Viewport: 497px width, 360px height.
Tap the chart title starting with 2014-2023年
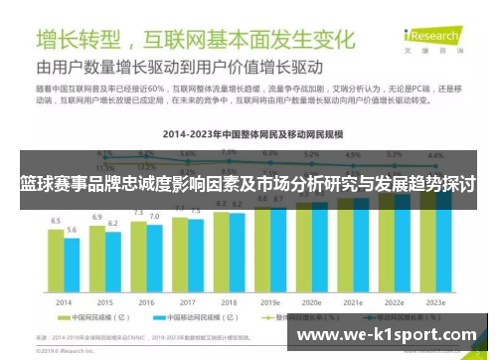248,131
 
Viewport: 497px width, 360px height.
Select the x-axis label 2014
64,302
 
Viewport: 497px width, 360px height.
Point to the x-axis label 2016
145,302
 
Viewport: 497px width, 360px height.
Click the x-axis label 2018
228,302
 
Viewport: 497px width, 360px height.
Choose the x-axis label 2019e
269,302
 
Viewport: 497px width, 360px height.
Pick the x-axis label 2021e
352,302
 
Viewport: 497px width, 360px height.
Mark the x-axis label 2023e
434,302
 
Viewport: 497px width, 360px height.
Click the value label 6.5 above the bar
57,220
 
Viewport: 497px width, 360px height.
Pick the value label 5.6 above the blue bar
72,230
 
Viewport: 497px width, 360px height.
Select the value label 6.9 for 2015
97,215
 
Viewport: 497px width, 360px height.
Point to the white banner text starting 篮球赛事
248,185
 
